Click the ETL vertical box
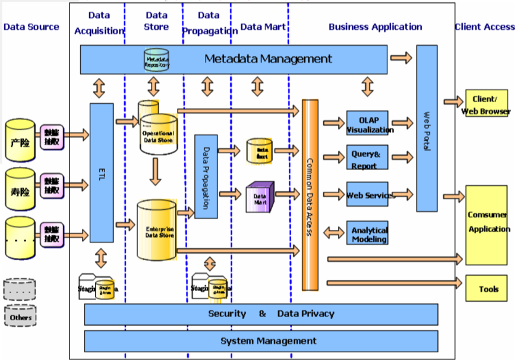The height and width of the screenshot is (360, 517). [102, 172]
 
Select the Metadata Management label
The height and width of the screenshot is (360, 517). [268, 59]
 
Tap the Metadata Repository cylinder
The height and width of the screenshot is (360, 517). [157, 60]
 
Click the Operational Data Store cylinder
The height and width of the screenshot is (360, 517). [158, 134]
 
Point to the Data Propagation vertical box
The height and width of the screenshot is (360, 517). [206, 176]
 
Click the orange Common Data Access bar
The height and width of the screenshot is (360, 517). [310, 195]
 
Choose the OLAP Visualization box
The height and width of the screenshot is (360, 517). [367, 123]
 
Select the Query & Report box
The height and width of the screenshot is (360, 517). [367, 157]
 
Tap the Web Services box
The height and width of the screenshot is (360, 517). [367, 194]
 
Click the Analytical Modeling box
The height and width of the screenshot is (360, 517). [367, 233]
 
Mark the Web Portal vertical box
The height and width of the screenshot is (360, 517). [427, 128]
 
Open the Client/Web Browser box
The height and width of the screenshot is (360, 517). [486, 103]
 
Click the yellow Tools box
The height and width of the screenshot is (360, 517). [486, 289]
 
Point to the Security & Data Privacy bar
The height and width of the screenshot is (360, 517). [261, 314]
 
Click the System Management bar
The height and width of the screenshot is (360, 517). [261, 341]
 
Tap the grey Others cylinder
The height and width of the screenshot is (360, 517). [20, 317]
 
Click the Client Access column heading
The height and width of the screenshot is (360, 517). [484, 27]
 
